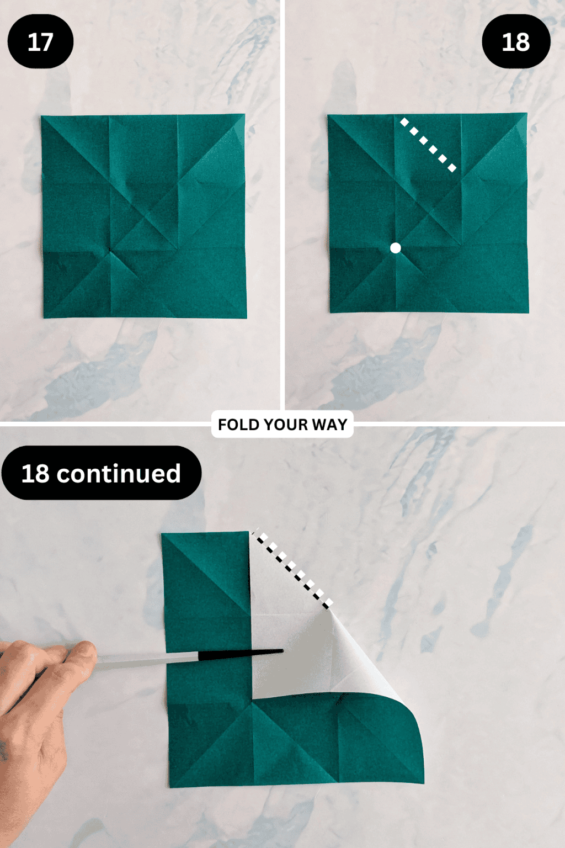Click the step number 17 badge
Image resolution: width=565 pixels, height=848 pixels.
click(40, 42)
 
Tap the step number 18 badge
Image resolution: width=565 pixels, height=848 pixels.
click(516, 42)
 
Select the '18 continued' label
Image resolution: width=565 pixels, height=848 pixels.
click(102, 473)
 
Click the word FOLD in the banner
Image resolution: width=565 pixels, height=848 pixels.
click(239, 425)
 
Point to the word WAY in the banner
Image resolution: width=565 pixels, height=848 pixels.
click(329, 425)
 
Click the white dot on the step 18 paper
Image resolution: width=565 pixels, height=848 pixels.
click(396, 248)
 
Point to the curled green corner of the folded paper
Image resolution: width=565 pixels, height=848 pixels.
click(408, 734)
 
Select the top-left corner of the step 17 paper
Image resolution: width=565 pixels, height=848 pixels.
click(42, 116)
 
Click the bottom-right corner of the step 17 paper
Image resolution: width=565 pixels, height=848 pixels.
click(246, 317)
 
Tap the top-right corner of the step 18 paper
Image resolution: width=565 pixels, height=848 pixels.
click(526, 114)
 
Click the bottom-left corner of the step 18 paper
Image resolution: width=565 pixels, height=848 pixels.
click(331, 312)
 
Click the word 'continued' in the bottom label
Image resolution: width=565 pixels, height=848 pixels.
click(119, 473)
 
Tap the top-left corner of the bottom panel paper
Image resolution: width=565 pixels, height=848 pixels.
click(162, 534)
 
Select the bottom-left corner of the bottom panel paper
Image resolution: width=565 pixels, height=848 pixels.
click(169, 786)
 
